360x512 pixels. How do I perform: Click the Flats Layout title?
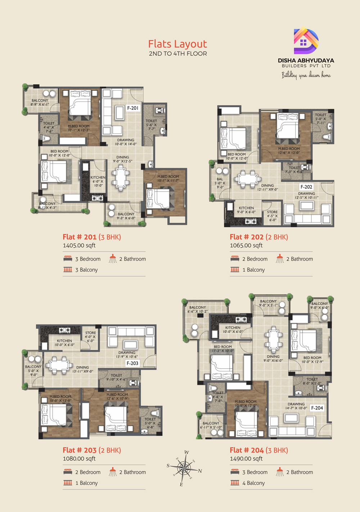coord(177,44)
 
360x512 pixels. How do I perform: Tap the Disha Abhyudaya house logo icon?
coord(306,41)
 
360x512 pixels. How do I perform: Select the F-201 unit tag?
coord(132,108)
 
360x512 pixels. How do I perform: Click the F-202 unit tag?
coord(306,187)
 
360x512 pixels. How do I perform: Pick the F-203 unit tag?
coord(132,363)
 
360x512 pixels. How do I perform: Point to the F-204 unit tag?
coord(317,408)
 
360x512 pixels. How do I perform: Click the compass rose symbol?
coord(184,468)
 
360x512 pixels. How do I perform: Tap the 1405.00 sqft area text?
coord(79,245)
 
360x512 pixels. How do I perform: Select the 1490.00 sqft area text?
coord(246,459)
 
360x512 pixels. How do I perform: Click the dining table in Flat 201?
coord(121,178)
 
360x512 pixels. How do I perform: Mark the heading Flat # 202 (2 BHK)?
coord(259,237)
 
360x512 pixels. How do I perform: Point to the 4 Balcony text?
coord(253,483)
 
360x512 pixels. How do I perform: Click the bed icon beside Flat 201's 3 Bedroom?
coord(68,259)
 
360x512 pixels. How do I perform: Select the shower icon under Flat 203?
coord(113,472)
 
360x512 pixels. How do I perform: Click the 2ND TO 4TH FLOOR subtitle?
coord(178,54)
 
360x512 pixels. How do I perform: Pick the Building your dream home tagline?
coord(306,75)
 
